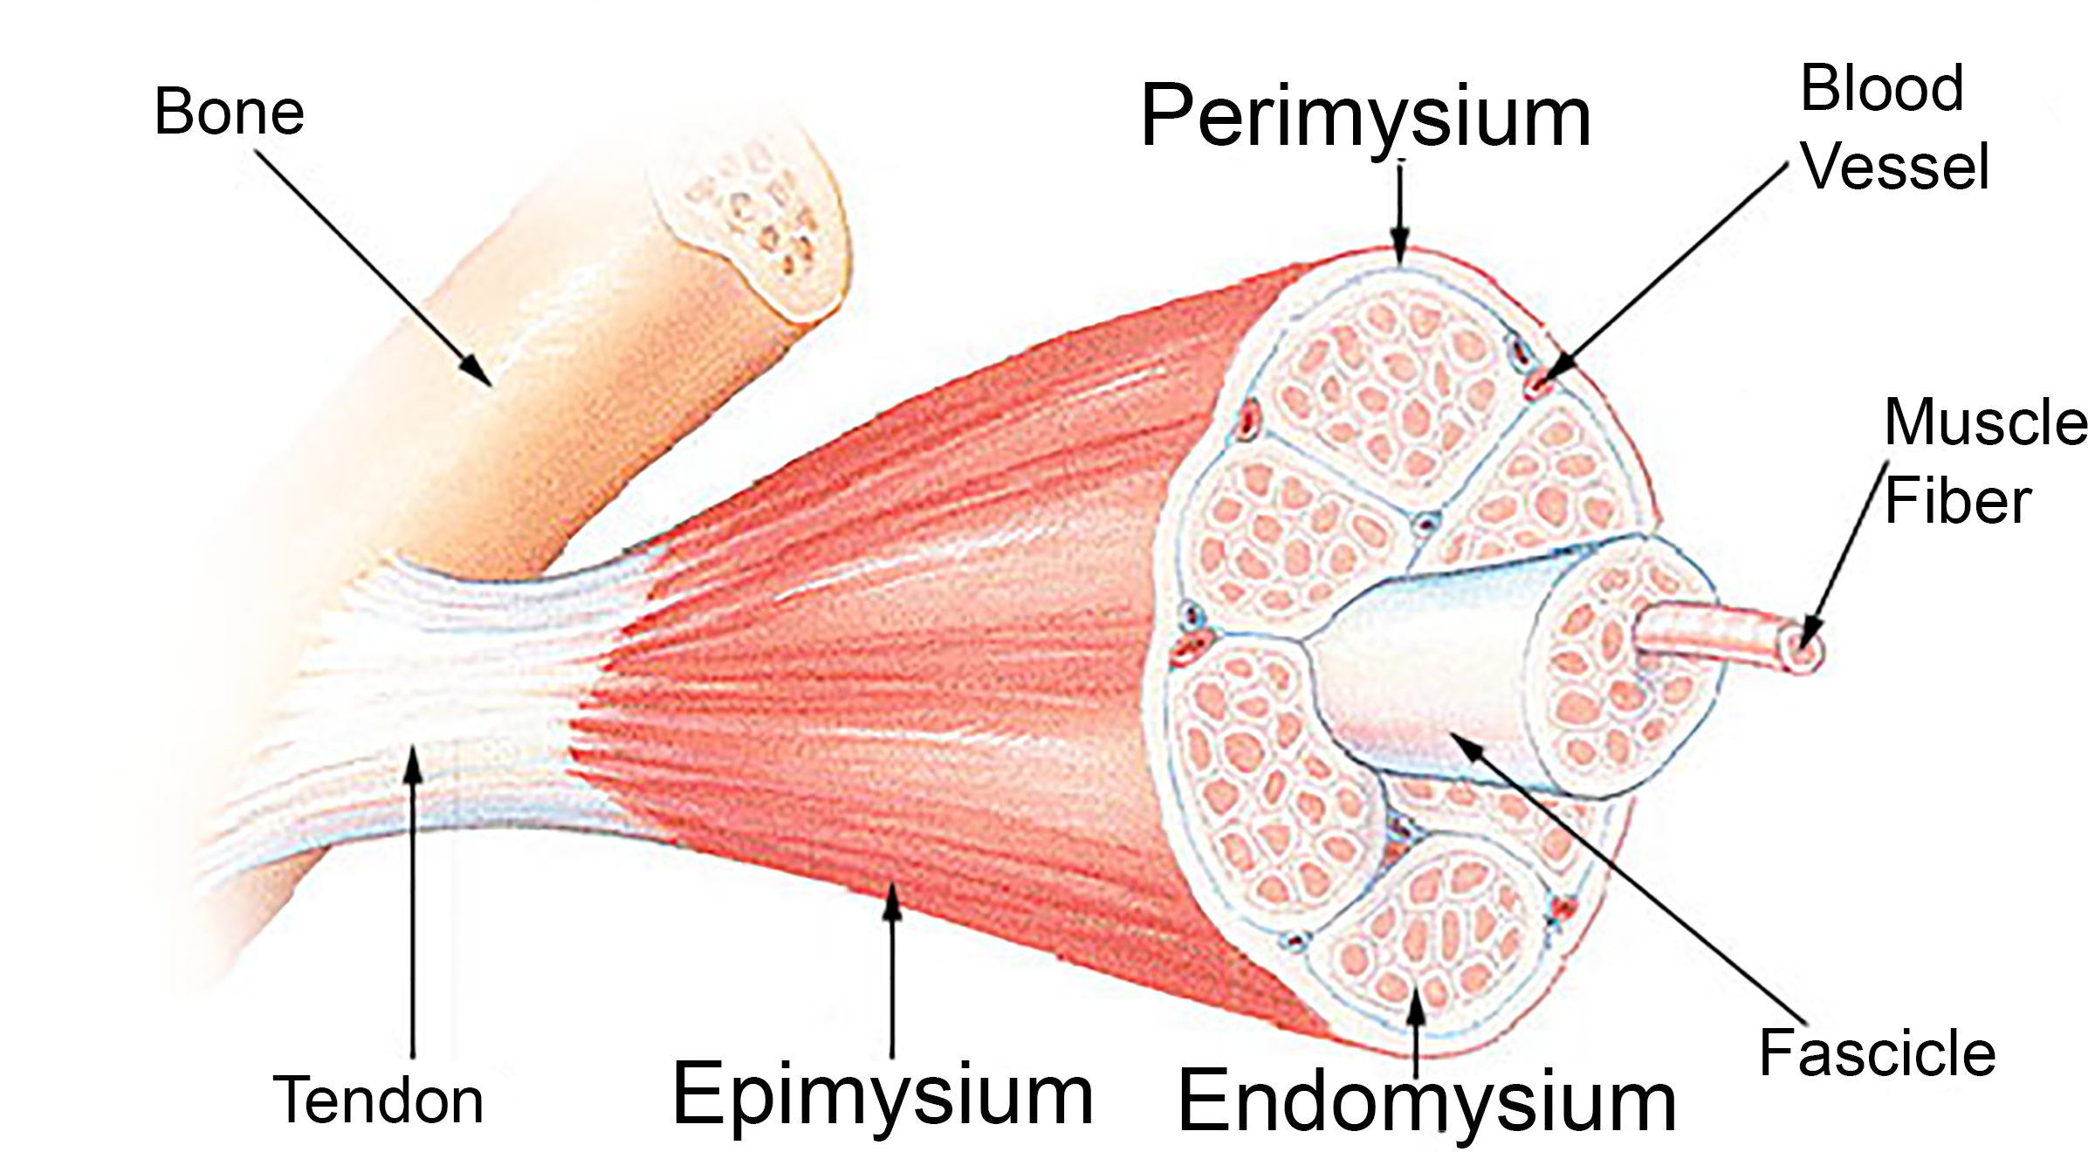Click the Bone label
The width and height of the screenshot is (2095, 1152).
[x=229, y=113]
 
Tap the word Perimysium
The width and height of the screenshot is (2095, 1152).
[x=1365, y=118]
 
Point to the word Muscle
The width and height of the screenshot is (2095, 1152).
[x=1986, y=422]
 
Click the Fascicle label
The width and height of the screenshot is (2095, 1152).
[x=1877, y=1053]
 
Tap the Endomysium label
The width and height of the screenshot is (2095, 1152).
[x=1426, y=1101]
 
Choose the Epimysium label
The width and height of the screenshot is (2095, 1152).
[x=883, y=1094]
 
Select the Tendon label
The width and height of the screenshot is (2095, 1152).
[x=378, y=1100]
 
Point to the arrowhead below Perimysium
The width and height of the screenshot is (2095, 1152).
[x=1400, y=245]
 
